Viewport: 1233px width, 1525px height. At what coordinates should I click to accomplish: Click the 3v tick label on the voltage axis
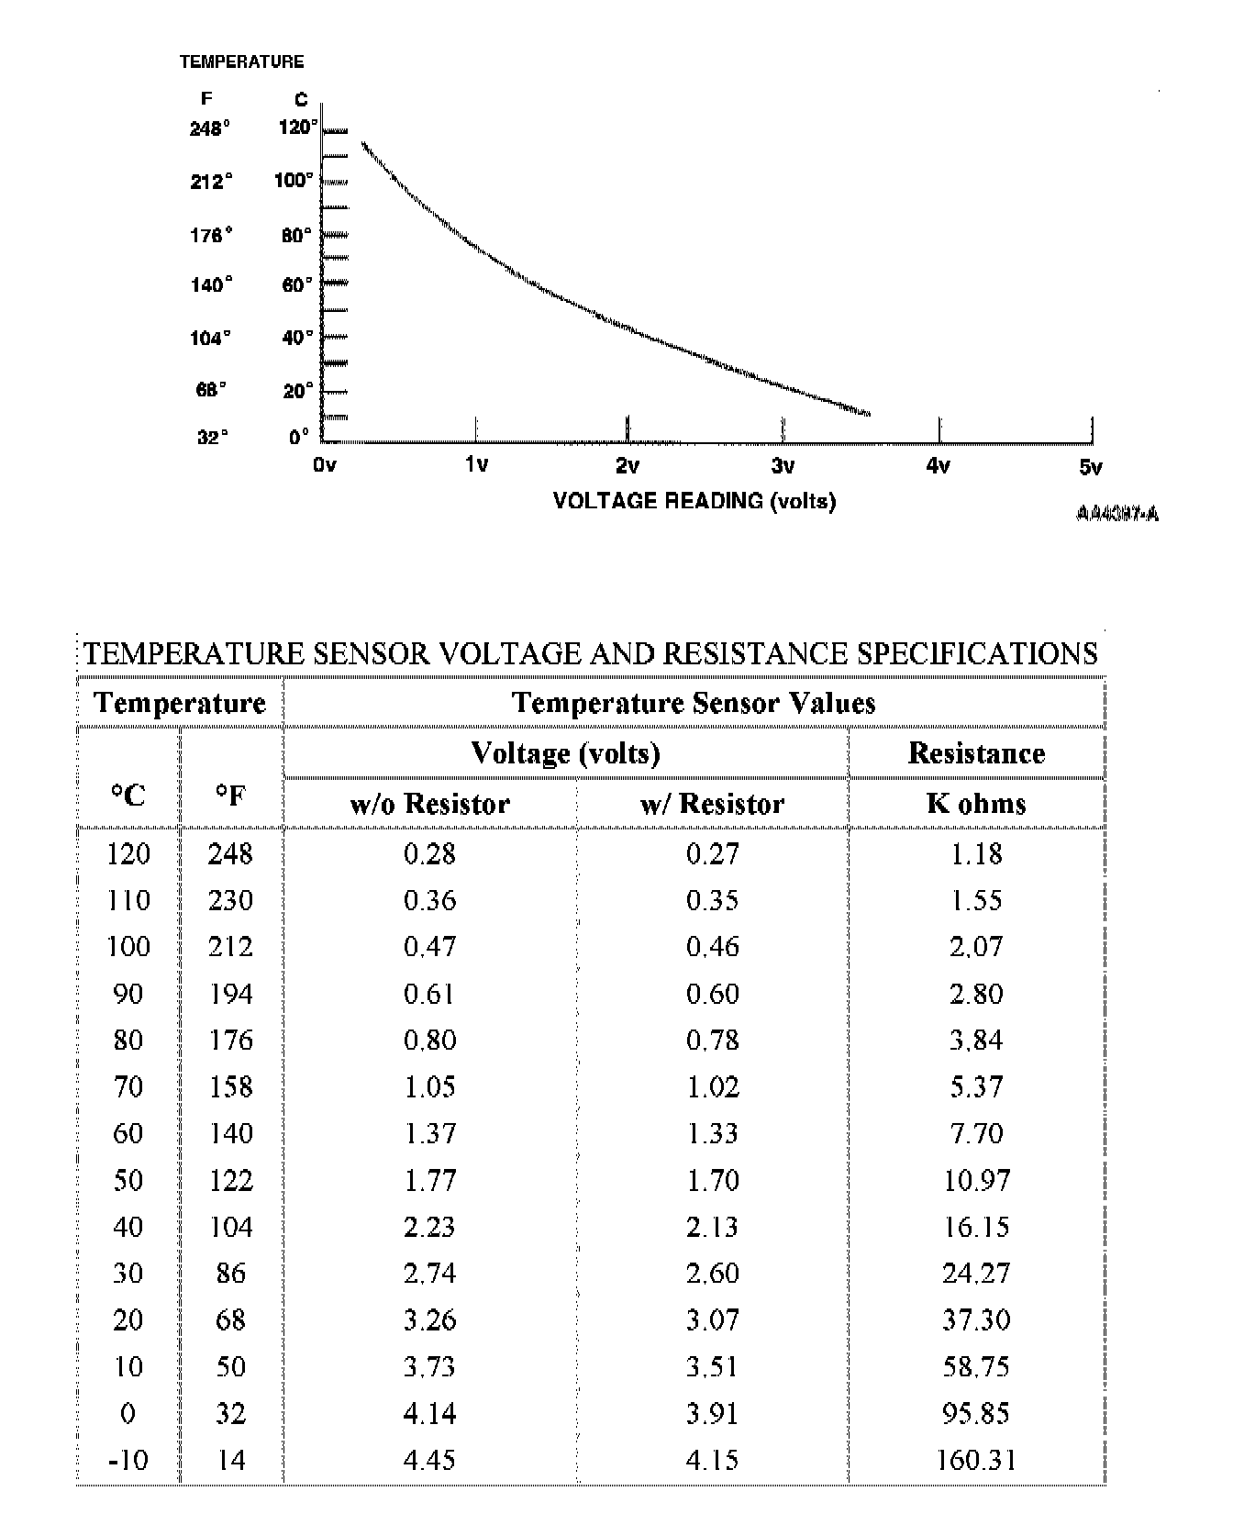click(x=783, y=466)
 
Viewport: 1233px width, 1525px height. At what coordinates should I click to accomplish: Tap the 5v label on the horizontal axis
click(x=1090, y=468)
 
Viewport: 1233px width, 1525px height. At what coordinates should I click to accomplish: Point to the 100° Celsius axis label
click(x=294, y=180)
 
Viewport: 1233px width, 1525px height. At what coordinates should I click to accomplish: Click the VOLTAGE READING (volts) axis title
click(x=694, y=501)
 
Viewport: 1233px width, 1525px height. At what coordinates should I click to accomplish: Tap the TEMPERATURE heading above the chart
click(x=241, y=61)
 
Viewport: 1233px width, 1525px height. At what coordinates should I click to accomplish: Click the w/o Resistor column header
click(x=429, y=804)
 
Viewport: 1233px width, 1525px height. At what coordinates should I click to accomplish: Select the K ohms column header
click(x=976, y=804)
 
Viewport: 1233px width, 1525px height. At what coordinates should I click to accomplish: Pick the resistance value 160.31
click(x=976, y=1460)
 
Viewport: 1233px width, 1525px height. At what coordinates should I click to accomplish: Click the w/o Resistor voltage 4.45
click(x=429, y=1460)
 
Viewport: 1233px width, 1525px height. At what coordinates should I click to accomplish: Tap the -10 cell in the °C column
click(x=128, y=1460)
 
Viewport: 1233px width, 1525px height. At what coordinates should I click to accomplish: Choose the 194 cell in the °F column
click(x=230, y=994)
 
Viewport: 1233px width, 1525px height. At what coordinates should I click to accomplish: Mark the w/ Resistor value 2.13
click(x=712, y=1227)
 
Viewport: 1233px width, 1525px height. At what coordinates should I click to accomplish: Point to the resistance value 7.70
click(x=976, y=1133)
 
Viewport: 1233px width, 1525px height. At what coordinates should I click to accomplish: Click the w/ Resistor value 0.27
click(x=712, y=854)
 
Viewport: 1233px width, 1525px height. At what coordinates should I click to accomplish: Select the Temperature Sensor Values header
click(x=694, y=703)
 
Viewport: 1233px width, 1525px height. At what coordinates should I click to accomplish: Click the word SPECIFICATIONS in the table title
click(x=977, y=653)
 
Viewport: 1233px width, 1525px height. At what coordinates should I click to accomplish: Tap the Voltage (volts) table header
click(x=565, y=753)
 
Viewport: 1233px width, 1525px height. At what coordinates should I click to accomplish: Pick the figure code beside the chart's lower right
click(x=1116, y=514)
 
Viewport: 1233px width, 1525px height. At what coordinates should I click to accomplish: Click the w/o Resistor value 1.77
click(x=429, y=1180)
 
